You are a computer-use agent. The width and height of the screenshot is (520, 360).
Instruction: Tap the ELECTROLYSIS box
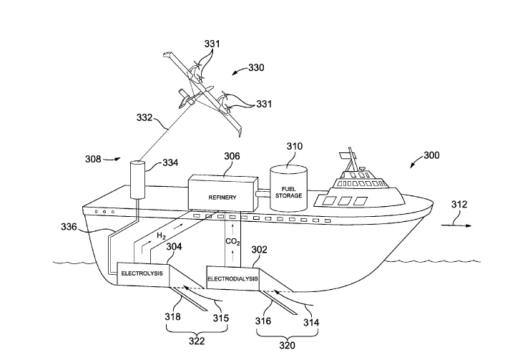pyautogui.click(x=142, y=273)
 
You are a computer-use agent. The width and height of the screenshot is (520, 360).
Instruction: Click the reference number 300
pyautogui.click(x=431, y=155)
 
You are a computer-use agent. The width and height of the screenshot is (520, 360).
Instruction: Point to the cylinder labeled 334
pyautogui.click(x=138, y=182)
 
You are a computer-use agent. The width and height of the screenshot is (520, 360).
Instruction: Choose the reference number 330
pyautogui.click(x=255, y=68)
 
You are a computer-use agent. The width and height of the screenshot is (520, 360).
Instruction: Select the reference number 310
pyautogui.click(x=294, y=146)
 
